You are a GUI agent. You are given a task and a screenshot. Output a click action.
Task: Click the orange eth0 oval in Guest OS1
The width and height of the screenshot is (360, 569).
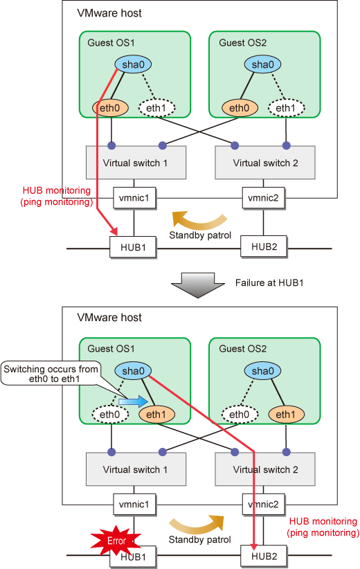pyautogui.click(x=111, y=108)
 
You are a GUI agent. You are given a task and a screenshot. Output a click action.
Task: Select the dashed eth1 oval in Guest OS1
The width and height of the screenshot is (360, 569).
pyautogui.click(x=156, y=108)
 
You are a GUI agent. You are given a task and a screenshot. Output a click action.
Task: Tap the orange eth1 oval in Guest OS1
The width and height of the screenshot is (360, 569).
pyautogui.click(x=156, y=414)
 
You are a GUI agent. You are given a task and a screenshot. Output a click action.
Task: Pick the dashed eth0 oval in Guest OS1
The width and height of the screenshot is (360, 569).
pyautogui.click(x=110, y=414)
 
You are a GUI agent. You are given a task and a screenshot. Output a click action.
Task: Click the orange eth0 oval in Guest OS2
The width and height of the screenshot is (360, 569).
pyautogui.click(x=240, y=108)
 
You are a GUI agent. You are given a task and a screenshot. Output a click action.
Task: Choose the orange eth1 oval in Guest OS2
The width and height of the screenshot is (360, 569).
pyautogui.click(x=286, y=414)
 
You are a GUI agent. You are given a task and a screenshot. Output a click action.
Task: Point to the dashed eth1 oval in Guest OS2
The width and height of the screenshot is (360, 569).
pyautogui.click(x=287, y=108)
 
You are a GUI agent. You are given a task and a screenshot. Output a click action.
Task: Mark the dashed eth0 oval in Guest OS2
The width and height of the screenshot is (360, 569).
pyautogui.click(x=240, y=414)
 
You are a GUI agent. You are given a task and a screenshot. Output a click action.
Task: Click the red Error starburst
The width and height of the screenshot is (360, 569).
pyautogui.click(x=116, y=541)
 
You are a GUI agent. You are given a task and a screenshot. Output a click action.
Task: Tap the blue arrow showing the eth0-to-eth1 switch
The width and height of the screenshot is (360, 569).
pyautogui.click(x=134, y=401)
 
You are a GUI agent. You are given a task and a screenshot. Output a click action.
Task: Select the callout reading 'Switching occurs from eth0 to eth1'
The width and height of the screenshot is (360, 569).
pyautogui.click(x=51, y=374)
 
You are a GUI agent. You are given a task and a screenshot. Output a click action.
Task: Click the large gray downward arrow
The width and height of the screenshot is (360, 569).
pyautogui.click(x=198, y=285)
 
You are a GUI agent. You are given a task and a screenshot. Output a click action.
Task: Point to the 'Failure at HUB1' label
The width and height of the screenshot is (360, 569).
pyautogui.click(x=269, y=282)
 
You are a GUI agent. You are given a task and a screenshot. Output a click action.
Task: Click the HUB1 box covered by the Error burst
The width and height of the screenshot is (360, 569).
pyautogui.click(x=133, y=557)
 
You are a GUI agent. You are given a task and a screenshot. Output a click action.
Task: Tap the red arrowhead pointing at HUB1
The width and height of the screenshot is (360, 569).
pyautogui.click(x=114, y=231)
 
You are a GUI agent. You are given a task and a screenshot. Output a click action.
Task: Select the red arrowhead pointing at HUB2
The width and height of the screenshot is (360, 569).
pyautogui.click(x=253, y=546)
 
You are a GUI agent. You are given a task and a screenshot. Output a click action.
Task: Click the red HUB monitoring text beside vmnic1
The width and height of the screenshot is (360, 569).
pyautogui.click(x=56, y=196)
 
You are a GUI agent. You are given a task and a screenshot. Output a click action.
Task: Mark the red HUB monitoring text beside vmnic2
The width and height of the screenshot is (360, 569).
pyautogui.click(x=323, y=527)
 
